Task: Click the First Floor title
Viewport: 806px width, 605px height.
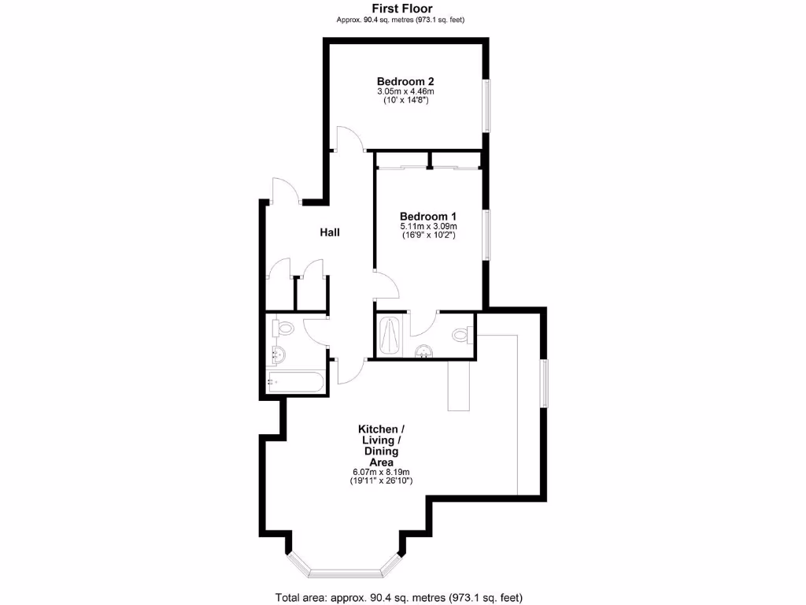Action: tap(402, 9)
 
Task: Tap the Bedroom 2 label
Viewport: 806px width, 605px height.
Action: tap(405, 81)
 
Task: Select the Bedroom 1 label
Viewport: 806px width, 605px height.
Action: tap(427, 217)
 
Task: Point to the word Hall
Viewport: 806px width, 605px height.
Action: tap(330, 232)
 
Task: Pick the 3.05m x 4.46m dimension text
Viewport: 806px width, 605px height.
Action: tap(405, 91)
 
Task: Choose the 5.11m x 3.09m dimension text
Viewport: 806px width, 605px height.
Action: tap(427, 227)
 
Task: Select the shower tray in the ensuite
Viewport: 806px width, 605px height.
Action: tap(390, 336)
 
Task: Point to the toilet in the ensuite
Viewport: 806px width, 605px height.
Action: tap(462, 335)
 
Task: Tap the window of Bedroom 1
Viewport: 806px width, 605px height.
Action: tap(487, 234)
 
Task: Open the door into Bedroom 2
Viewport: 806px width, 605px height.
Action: tap(349, 140)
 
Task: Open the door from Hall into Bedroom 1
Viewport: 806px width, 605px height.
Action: tap(386, 284)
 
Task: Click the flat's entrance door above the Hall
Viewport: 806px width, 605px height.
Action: tap(284, 191)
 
